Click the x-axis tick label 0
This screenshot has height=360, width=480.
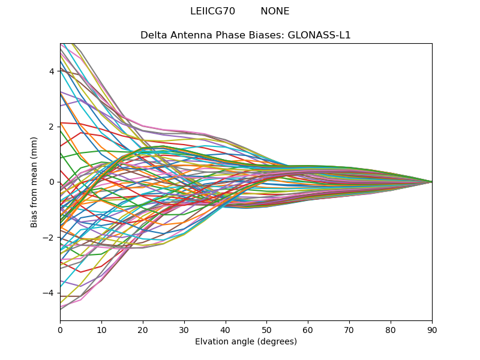click(x=60, y=329)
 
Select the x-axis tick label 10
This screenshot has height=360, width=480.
click(x=101, y=329)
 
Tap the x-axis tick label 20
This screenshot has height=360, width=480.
click(x=143, y=329)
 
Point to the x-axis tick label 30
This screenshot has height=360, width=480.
click(x=184, y=329)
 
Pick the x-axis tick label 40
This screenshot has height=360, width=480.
click(x=226, y=329)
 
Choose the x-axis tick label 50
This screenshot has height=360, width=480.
click(x=266, y=329)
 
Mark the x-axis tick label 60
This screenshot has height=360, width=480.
click(x=308, y=329)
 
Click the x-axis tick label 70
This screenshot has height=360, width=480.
click(x=349, y=329)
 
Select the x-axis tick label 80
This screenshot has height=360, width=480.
click(x=391, y=329)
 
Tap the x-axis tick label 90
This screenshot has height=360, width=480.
click(x=432, y=329)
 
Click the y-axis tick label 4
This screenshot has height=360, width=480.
click(x=52, y=71)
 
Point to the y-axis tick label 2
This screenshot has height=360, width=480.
click(x=52, y=127)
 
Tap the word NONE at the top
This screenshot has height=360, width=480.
click(x=275, y=11)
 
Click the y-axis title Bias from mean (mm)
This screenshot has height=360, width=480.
click(x=35, y=181)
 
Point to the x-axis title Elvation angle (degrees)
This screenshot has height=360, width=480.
click(x=246, y=342)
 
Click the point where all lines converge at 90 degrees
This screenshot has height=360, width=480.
click(x=432, y=182)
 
